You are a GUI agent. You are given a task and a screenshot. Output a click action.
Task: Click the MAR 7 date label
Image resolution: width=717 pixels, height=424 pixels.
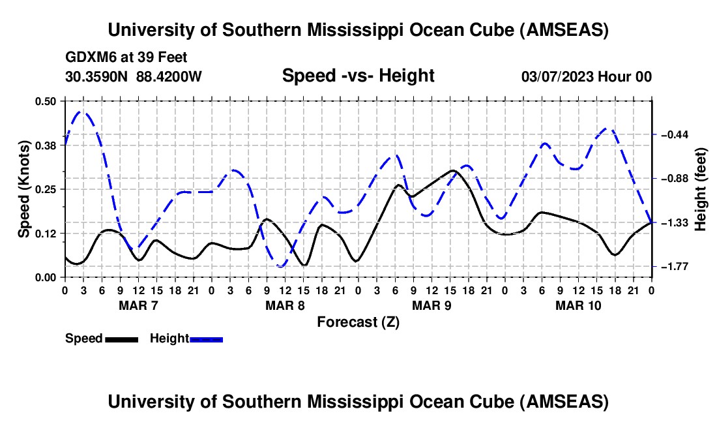pyautogui.click(x=138, y=305)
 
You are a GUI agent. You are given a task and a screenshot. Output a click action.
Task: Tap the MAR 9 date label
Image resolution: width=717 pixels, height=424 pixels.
pyautogui.click(x=431, y=305)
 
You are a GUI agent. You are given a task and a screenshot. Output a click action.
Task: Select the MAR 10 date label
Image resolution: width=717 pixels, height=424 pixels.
pyautogui.click(x=578, y=305)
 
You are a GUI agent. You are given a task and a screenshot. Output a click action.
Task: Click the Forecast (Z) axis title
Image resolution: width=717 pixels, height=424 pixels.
pyautogui.click(x=358, y=322)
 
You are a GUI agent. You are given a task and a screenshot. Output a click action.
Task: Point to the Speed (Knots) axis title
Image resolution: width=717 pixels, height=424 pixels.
pyautogui.click(x=23, y=189)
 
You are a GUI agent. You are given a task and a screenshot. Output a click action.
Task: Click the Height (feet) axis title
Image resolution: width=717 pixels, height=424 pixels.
pyautogui.click(x=701, y=189)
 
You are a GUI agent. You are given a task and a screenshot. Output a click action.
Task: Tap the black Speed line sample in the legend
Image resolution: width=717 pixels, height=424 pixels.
pyautogui.click(x=121, y=339)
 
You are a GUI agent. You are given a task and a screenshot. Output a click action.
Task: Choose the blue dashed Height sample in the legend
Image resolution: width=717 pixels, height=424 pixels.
pyautogui.click(x=207, y=339)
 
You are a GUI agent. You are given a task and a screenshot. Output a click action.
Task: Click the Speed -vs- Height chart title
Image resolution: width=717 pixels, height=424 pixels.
pyautogui.click(x=358, y=76)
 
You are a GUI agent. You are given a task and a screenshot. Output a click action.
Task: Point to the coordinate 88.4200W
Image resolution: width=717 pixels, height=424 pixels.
pyautogui.click(x=169, y=76)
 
